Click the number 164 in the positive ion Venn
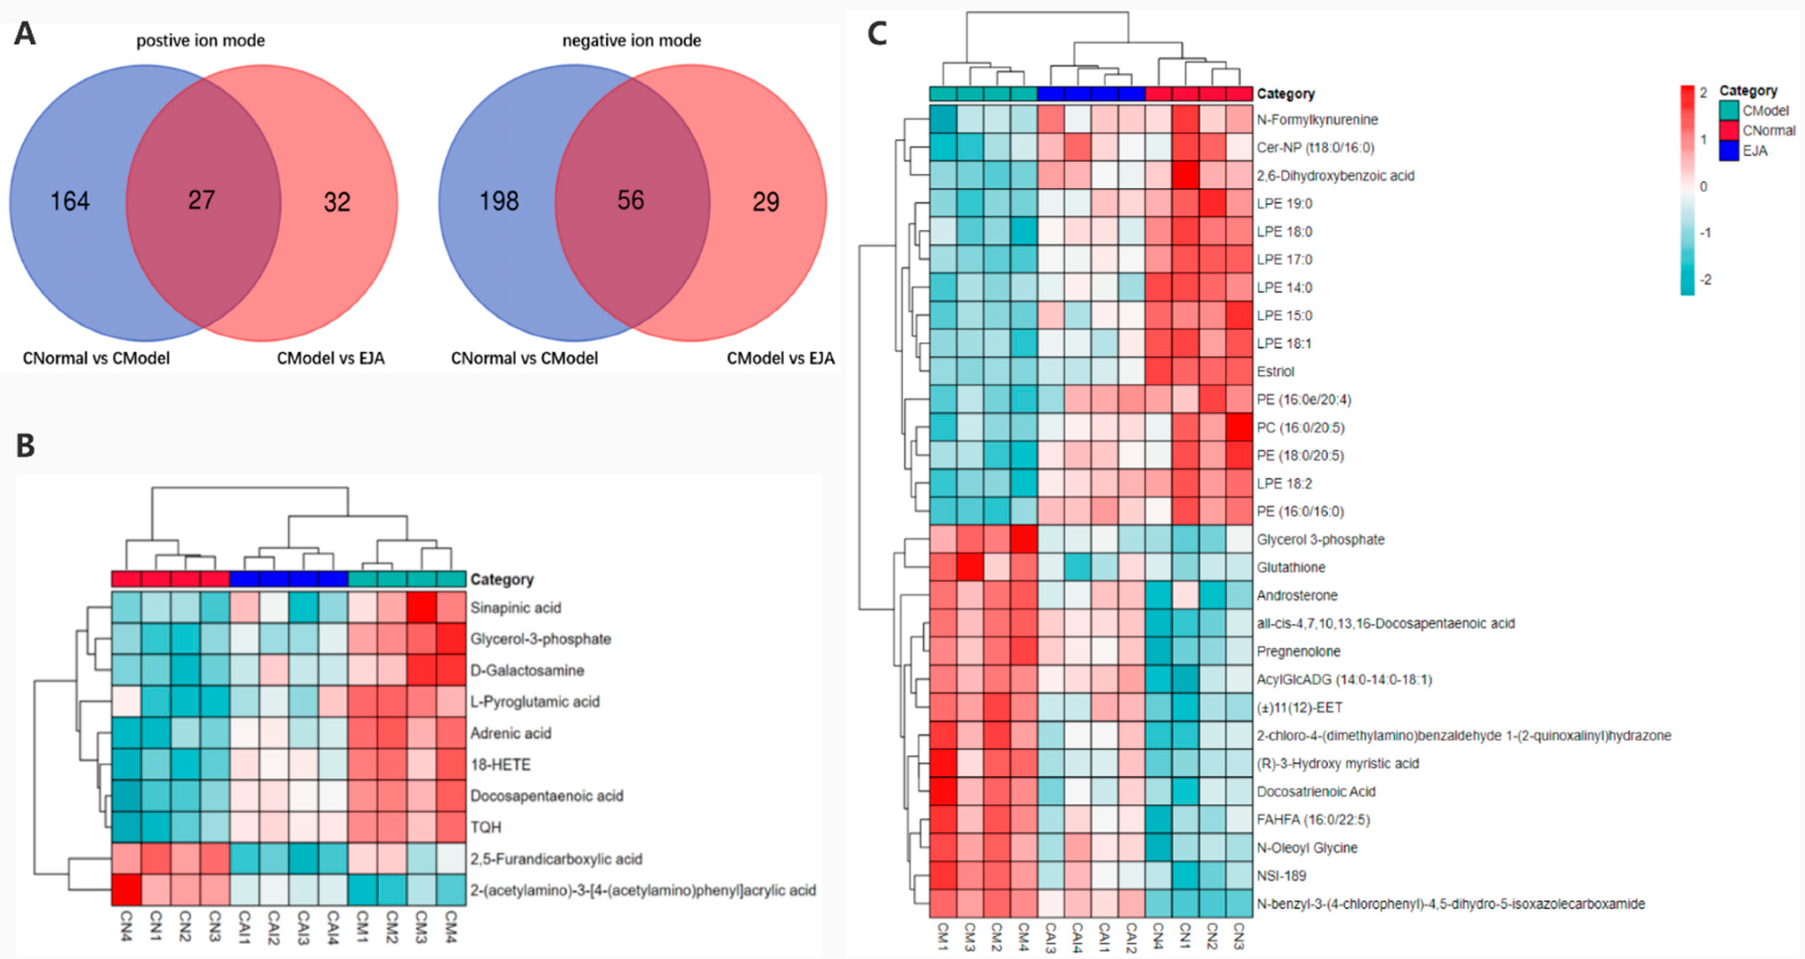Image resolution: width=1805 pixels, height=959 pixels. pyautogui.click(x=69, y=202)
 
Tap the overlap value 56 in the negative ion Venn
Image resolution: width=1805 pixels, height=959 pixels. pyautogui.click(x=630, y=201)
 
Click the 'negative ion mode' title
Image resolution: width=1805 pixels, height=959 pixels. pyautogui.click(x=631, y=40)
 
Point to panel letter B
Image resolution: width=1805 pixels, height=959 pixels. pyautogui.click(x=25, y=445)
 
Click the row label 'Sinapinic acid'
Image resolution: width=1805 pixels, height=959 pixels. pyautogui.click(x=515, y=607)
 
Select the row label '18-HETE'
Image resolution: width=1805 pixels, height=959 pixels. pyautogui.click(x=500, y=764)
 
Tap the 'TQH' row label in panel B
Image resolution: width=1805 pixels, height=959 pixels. pyautogui.click(x=486, y=827)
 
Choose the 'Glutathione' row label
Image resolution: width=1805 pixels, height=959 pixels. pyautogui.click(x=1291, y=567)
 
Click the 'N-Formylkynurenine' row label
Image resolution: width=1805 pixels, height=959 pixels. pyautogui.click(x=1317, y=120)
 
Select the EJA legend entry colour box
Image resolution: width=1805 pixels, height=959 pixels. pyautogui.click(x=1728, y=150)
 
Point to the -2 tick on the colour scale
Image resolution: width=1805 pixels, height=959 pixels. pyautogui.click(x=1705, y=279)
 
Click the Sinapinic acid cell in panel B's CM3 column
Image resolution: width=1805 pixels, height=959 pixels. pyautogui.click(x=422, y=607)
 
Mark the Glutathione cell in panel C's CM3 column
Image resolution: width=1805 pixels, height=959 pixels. pyautogui.click(x=970, y=567)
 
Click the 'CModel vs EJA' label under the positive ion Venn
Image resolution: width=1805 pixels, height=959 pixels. pyautogui.click(x=330, y=358)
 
